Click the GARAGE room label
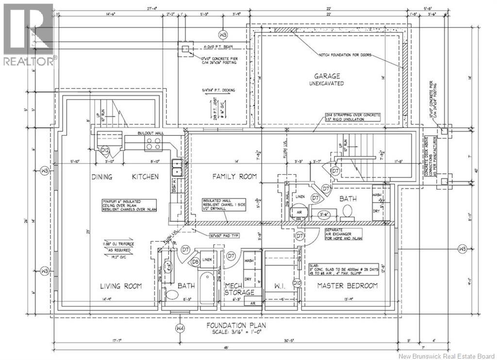pyautogui.click(x=327, y=76)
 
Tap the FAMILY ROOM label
pyautogui.click(x=234, y=176)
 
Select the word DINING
pyautogui.click(x=101, y=176)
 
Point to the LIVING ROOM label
pyautogui.click(x=121, y=286)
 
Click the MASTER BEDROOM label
pyautogui.click(x=347, y=286)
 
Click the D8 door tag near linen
pyautogui.click(x=195, y=262)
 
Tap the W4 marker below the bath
pyautogui.click(x=181, y=328)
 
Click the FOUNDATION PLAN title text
pyautogui.click(x=236, y=326)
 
